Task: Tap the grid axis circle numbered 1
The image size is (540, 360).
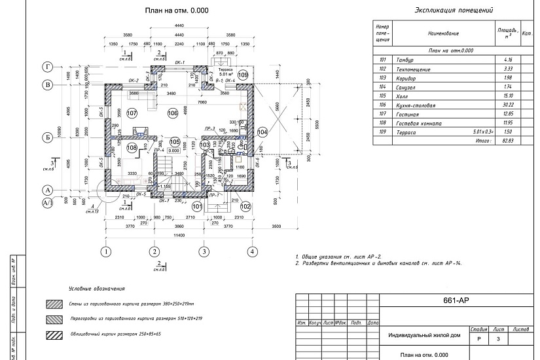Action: (x=105, y=251)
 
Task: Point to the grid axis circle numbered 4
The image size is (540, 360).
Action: (x=251, y=251)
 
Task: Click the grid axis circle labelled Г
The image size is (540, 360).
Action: (x=47, y=67)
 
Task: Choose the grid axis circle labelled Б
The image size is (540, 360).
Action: (x=47, y=137)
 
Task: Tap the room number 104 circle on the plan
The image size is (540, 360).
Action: (x=263, y=132)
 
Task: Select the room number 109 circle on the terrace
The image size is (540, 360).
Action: (x=243, y=75)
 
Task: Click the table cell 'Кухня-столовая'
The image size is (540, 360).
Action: (x=414, y=105)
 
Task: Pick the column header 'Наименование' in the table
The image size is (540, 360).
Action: (x=443, y=32)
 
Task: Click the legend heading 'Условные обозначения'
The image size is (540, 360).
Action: (x=97, y=289)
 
